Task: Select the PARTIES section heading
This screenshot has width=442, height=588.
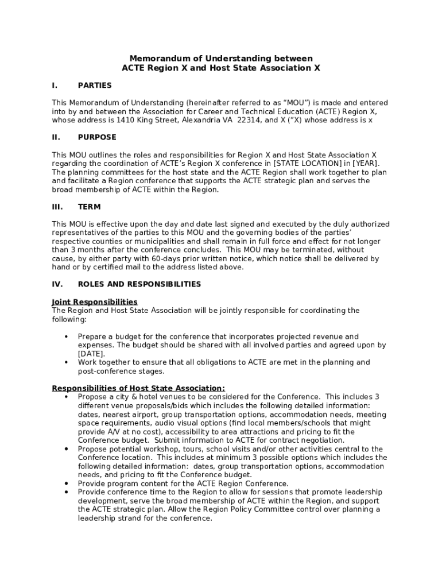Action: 95,86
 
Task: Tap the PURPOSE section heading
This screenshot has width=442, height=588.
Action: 97,137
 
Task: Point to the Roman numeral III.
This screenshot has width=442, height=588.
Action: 57,207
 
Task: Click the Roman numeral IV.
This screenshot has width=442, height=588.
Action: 57,284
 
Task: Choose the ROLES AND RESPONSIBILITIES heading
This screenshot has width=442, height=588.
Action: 139,284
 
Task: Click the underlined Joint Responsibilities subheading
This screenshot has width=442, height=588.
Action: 95,302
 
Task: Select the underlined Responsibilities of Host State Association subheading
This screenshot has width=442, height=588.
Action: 138,388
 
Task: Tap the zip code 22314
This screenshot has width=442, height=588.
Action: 241,121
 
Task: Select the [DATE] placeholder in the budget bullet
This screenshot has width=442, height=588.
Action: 91,354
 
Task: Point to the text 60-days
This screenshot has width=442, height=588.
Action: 150,259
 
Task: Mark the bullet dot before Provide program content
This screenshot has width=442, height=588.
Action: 66,483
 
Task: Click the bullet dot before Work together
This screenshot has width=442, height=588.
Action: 66,362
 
